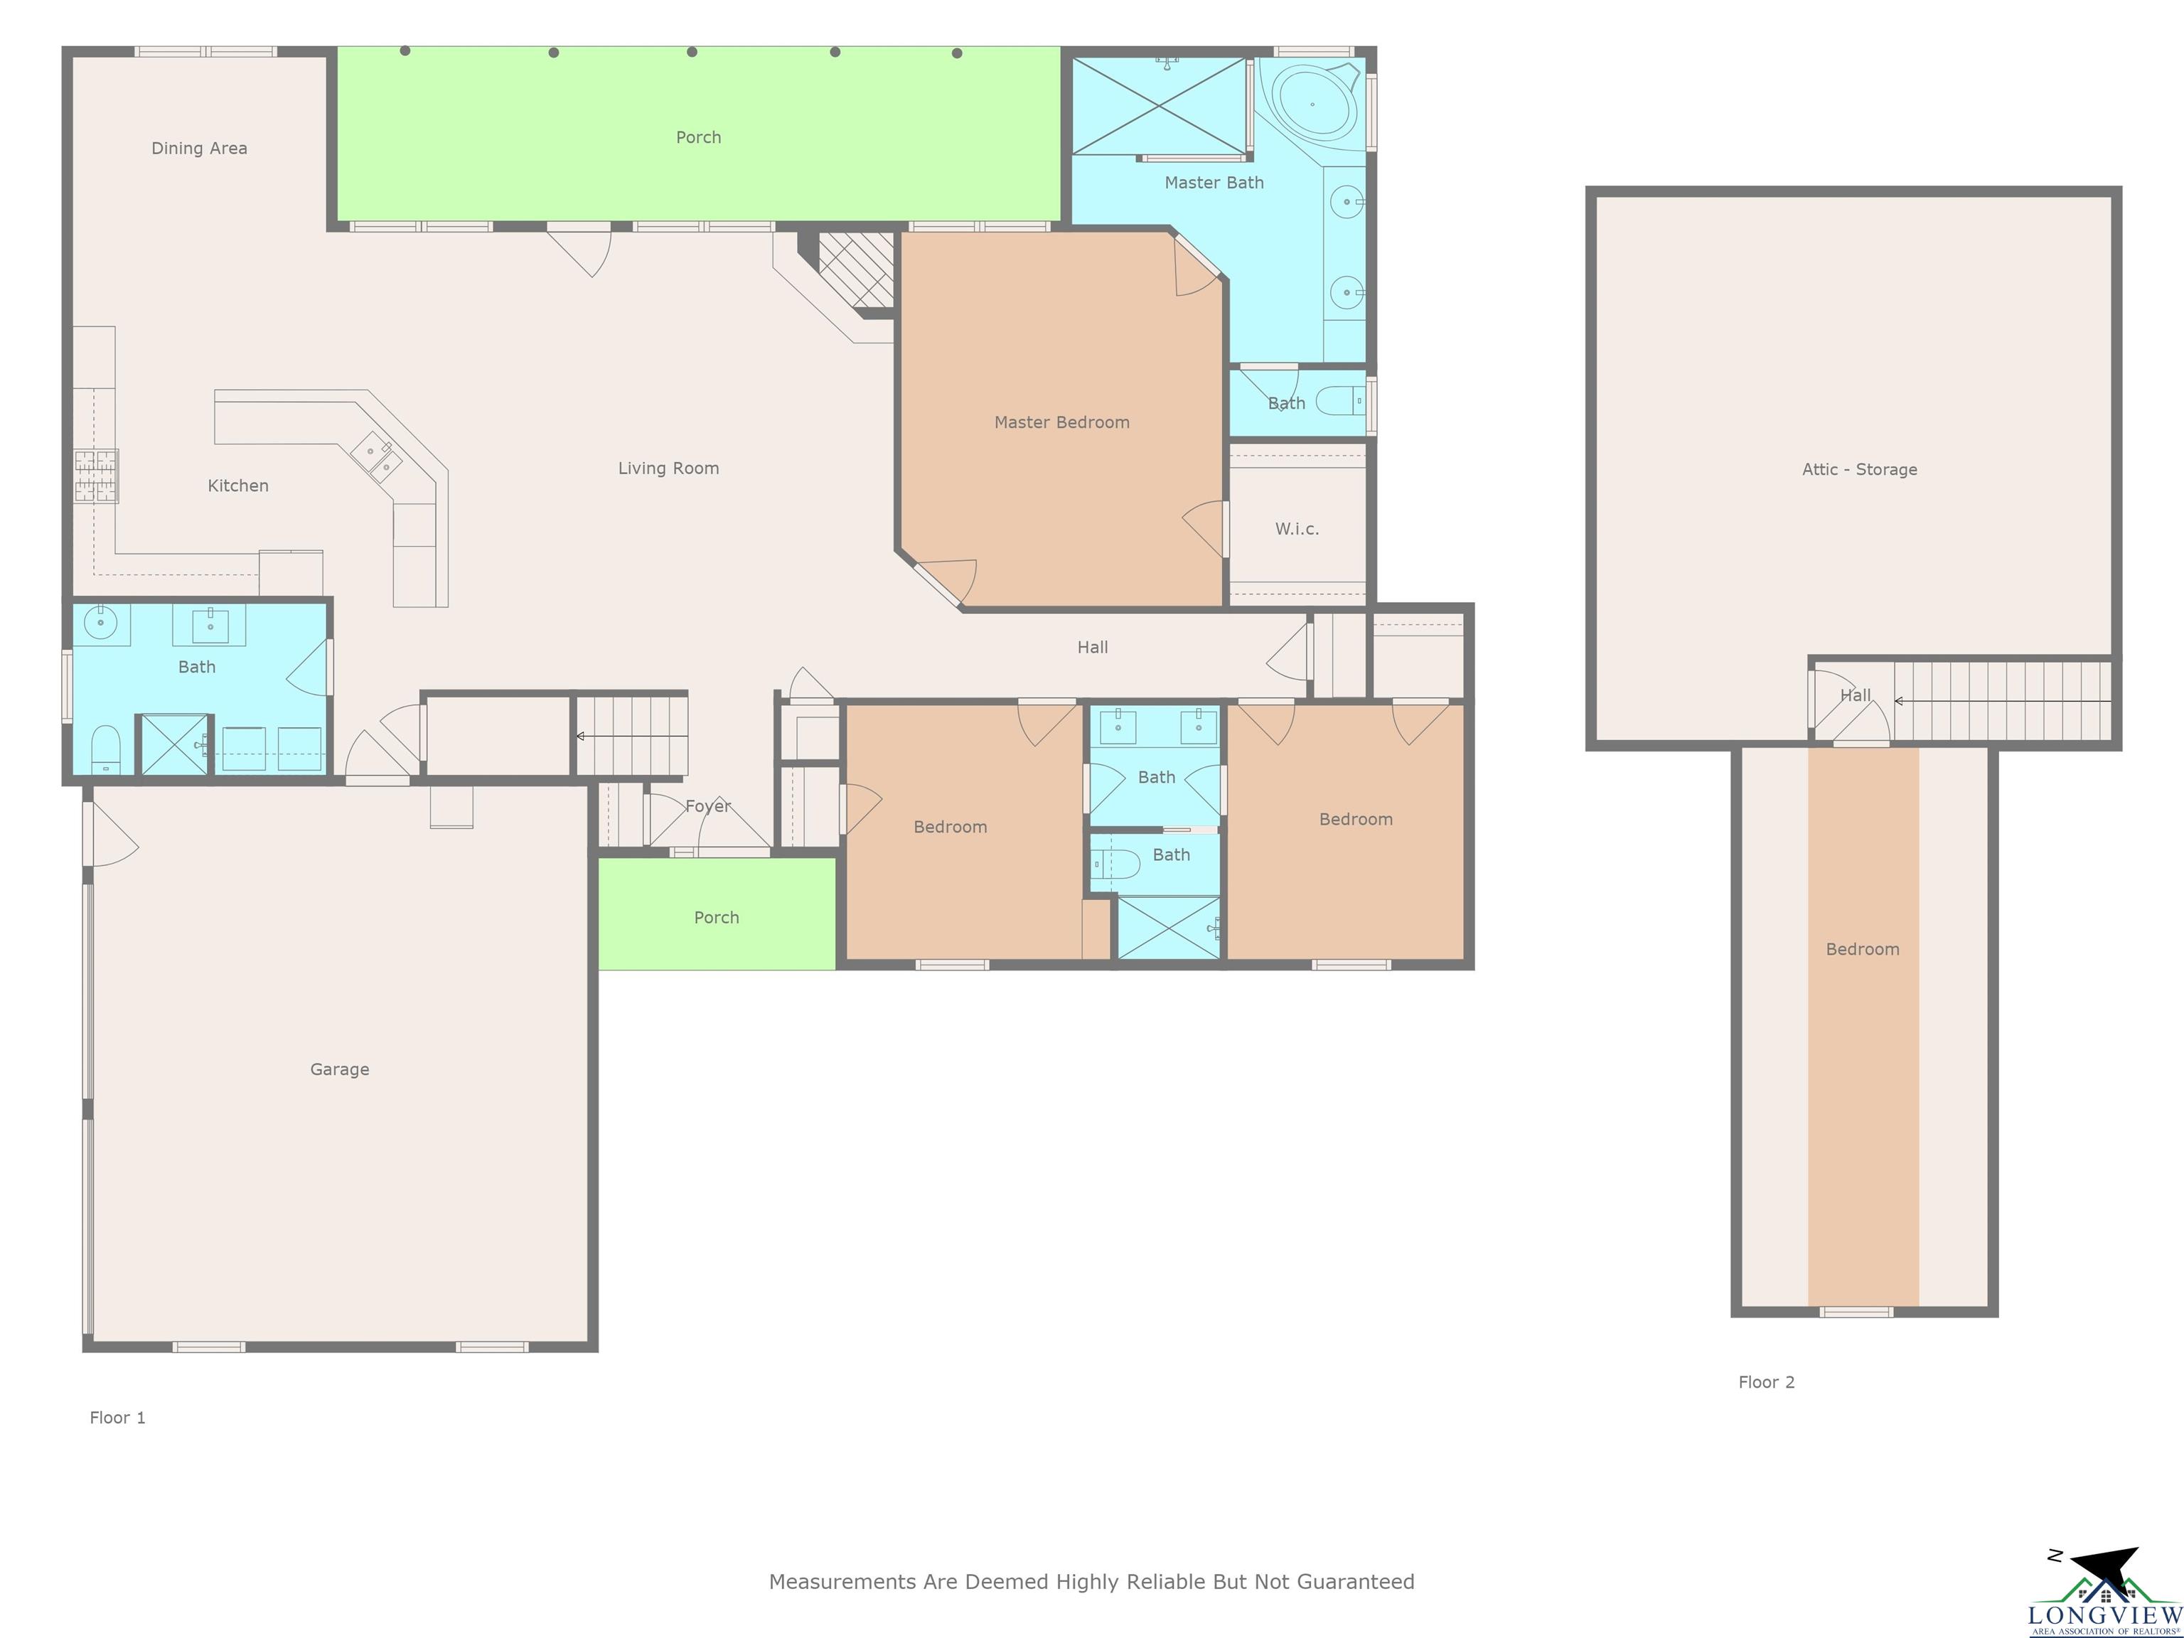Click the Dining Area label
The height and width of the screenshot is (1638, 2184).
click(200, 148)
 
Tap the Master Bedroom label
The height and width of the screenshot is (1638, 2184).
click(1061, 422)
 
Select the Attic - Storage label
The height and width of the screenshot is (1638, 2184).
click(1859, 469)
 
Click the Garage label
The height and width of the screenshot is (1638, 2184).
click(340, 1069)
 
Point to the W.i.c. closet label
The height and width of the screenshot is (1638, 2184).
click(1296, 529)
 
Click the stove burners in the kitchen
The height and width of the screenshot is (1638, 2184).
click(96, 476)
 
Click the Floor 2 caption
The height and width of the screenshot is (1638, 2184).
click(1767, 1382)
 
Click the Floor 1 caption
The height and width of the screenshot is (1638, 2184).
click(117, 1418)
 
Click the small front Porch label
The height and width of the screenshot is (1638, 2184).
click(717, 917)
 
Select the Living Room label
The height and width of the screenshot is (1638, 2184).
click(668, 468)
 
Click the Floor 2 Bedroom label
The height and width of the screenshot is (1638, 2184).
click(1862, 949)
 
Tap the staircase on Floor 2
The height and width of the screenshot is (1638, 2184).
click(2002, 701)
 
